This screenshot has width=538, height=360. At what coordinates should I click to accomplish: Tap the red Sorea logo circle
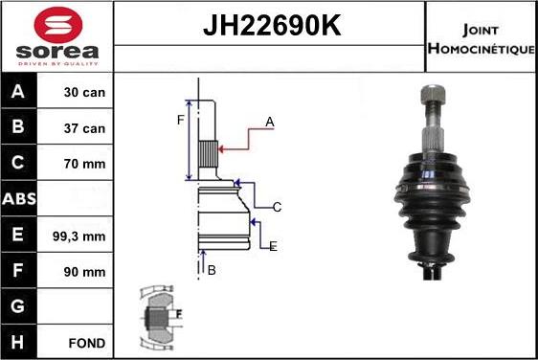56,23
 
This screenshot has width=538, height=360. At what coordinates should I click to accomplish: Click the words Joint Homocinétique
481,37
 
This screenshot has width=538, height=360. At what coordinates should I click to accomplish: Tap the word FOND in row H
86,342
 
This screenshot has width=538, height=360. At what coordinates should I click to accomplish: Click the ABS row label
19,199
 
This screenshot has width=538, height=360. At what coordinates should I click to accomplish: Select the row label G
19,306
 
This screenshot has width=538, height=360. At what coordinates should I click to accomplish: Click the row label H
19,342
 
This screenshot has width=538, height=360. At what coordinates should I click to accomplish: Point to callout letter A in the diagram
270,122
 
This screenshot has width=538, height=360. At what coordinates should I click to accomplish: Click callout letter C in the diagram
277,207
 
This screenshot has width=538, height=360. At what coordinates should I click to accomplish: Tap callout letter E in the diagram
273,246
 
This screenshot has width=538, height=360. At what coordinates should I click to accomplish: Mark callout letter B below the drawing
212,270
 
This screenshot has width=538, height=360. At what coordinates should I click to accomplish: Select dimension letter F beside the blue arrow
179,120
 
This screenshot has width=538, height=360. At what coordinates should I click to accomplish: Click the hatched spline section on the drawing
210,151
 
